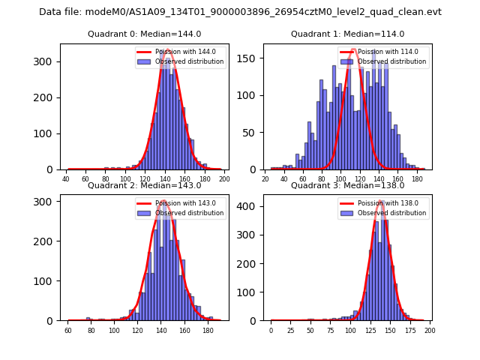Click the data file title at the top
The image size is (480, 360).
(x=240, y=12)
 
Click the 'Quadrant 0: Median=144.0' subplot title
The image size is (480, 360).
(x=144, y=34)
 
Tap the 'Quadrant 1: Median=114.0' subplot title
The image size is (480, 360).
(x=347, y=34)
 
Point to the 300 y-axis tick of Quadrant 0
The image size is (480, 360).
(x=48, y=61)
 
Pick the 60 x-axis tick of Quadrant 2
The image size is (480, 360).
(x=68, y=330)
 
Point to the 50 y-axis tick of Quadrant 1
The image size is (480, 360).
(x=253, y=133)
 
